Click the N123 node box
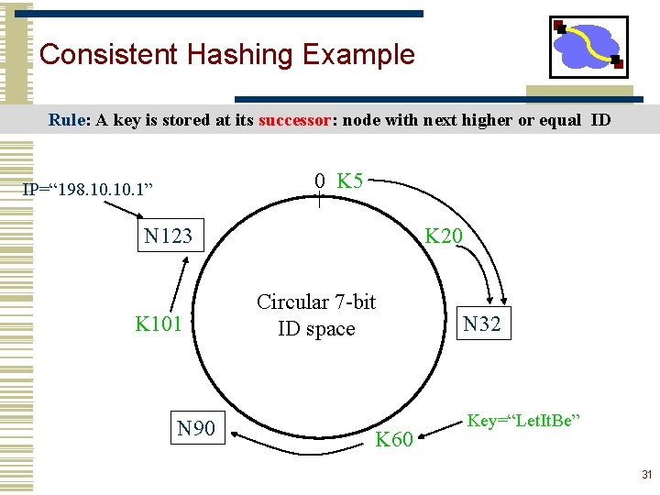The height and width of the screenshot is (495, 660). pyautogui.click(x=169, y=236)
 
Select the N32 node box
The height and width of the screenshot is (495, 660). pyautogui.click(x=482, y=324)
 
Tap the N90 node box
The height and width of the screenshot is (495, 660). pyautogui.click(x=196, y=428)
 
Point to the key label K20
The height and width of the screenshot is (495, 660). pyautogui.click(x=444, y=236)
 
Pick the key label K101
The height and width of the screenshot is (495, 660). pyautogui.click(x=159, y=324)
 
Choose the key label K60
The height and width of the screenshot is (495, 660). pyautogui.click(x=395, y=440)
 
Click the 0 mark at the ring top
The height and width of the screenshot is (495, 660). pyautogui.click(x=319, y=181)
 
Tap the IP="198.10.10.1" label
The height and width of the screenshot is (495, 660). pyautogui.click(x=88, y=190)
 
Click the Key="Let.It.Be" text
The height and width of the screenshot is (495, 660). pyautogui.click(x=523, y=421)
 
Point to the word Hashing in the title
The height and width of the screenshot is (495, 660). pyautogui.click(x=242, y=54)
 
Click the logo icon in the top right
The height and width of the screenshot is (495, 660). pyautogui.click(x=588, y=47)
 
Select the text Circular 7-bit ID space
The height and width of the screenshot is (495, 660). pyautogui.click(x=316, y=315)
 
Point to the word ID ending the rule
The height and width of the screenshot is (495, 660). pyautogui.click(x=600, y=120)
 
